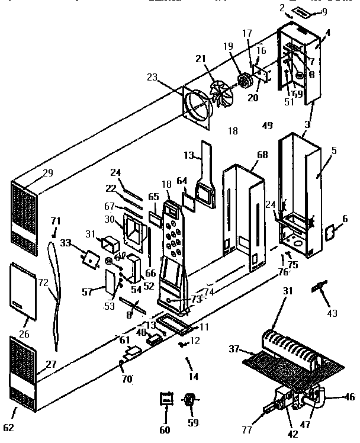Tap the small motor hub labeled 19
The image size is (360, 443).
coord(243,79)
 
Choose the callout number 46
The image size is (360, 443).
coord(349,397)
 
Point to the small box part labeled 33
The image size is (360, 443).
coord(91,258)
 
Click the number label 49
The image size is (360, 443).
coord(267,125)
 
